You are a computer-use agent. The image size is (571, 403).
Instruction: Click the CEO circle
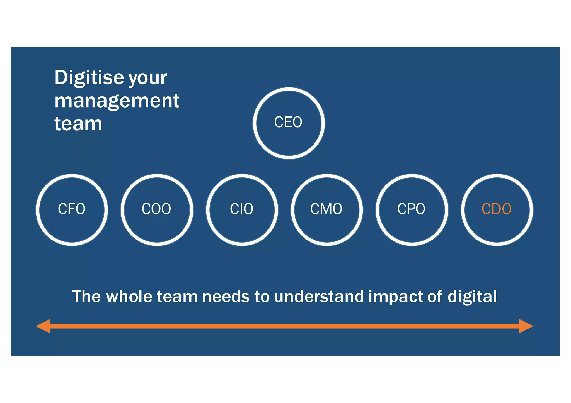point(289,123)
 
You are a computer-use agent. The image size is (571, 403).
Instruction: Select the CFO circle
point(72,210)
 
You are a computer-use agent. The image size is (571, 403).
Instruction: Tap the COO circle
point(157,210)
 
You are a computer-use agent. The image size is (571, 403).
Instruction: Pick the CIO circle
point(242,210)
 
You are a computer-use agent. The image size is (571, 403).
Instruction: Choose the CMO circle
point(326,210)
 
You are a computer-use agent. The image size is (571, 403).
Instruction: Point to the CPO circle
point(412,210)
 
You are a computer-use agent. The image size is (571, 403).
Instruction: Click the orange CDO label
point(497,209)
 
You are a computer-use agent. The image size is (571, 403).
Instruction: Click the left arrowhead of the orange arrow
point(43,326)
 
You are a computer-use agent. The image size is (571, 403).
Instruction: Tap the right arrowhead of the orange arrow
point(526,326)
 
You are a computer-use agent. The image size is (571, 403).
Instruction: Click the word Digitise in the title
point(89,78)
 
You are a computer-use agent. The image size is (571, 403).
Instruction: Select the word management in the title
point(117,101)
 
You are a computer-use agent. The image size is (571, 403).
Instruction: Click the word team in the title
point(78,124)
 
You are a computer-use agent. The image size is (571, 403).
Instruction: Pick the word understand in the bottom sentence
point(319,296)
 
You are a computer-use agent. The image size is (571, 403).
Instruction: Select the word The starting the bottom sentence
point(86,296)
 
